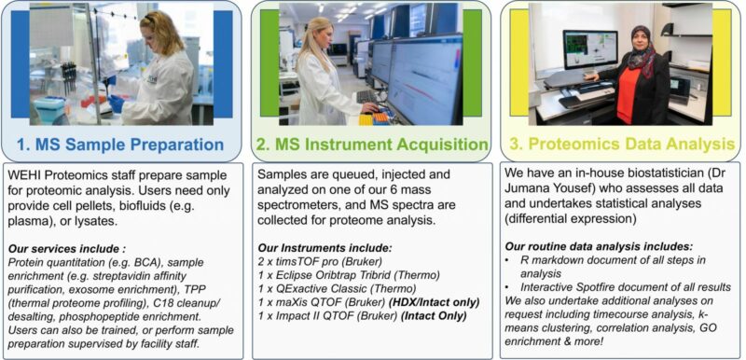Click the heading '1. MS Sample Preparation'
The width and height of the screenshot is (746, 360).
tap(123, 145)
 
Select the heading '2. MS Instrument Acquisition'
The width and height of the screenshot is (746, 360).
tap(372, 145)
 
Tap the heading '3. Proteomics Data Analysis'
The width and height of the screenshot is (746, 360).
tap(620, 145)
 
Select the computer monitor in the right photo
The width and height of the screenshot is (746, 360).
tap(590, 48)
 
